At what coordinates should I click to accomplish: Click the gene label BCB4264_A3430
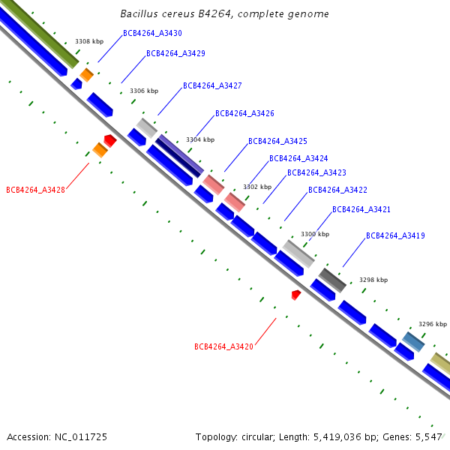[x=152, y=33]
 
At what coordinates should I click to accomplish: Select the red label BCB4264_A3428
[x=35, y=190]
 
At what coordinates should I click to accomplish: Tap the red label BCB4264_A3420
[x=223, y=346]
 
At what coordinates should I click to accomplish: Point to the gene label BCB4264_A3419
[x=395, y=235]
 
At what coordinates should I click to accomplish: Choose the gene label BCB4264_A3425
[x=277, y=141]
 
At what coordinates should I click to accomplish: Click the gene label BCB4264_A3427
[x=212, y=85]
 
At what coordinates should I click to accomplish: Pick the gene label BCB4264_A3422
[x=337, y=190]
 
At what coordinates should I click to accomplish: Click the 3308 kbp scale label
[x=89, y=41]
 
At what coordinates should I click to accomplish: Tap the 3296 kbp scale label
[x=433, y=324]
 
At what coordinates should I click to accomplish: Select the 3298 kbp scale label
[x=373, y=280]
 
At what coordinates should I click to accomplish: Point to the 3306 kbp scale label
[x=144, y=91]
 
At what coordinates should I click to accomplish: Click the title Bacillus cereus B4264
[x=176, y=13]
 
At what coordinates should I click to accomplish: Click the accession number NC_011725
[x=81, y=437]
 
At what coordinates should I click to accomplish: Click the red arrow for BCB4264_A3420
[x=296, y=295]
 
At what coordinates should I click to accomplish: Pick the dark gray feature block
[x=332, y=280]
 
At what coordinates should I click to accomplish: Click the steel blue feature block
[x=413, y=341]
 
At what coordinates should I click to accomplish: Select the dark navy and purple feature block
[x=180, y=156]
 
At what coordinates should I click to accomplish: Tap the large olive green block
[x=40, y=34]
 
